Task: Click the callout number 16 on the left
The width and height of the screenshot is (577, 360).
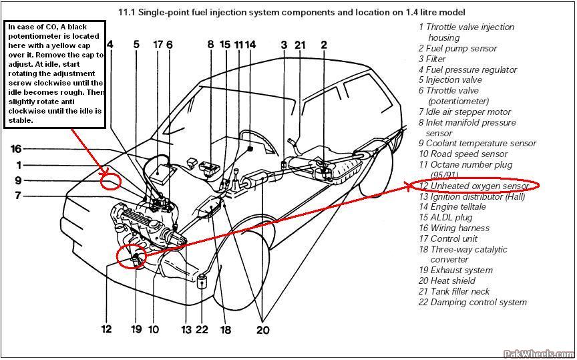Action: coord(16,148)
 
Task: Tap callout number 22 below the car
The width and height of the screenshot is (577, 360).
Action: coord(202,329)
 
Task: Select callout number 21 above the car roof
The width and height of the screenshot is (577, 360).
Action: coord(300,45)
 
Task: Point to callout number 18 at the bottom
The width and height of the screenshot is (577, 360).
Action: coord(225,329)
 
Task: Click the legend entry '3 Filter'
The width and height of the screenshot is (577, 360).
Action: coord(432,59)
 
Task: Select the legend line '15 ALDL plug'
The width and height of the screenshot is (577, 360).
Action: coord(445,217)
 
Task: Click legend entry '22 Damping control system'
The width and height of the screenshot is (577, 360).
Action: coord(473,302)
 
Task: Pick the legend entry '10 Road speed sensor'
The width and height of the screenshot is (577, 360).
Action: coord(463,154)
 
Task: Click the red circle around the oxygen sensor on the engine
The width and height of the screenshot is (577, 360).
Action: coord(130,256)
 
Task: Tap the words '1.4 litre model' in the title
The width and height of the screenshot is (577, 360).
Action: coord(435,12)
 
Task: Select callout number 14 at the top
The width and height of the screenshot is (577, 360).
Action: coord(250,45)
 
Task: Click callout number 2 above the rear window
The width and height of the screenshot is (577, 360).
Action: coord(324,45)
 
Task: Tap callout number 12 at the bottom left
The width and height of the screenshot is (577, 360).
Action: coord(106,329)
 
